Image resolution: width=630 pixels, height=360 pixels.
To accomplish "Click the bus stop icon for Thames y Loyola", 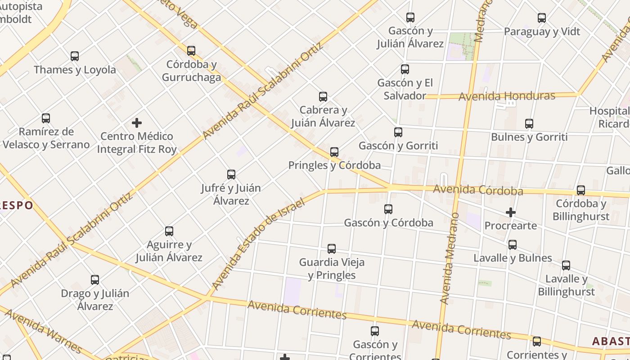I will point(75,56).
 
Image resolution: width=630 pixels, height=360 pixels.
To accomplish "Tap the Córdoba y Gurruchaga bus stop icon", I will point(191,50).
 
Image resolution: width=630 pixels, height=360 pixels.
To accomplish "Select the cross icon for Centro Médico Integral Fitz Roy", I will point(137,122).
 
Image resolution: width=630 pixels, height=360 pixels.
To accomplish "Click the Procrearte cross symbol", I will point(510,212).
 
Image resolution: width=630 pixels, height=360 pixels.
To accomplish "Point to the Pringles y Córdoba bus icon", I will point(334,152).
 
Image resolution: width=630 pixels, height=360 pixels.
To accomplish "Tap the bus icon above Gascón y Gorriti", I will point(398,132).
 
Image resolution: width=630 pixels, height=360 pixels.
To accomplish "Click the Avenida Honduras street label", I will point(507,96).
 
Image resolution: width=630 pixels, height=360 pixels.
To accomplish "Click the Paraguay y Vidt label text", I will point(542,31).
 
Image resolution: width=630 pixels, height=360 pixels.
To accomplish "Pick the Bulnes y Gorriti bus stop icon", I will point(529,124).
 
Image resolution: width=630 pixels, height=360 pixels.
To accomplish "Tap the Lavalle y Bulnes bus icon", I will point(513,245).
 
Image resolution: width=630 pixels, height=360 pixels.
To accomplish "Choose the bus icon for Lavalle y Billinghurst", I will point(566,265).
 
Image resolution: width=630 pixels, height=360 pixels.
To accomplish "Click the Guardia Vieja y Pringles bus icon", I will point(332,249).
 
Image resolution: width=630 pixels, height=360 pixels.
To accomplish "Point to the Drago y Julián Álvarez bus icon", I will point(95,280).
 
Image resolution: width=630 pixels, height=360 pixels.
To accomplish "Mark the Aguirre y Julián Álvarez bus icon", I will point(169,231).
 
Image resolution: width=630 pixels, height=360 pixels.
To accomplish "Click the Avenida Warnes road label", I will point(43,330).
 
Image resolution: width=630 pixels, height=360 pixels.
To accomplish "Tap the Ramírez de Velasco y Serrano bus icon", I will point(46,118).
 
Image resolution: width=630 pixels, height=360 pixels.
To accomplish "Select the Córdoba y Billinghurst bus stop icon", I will point(581,190).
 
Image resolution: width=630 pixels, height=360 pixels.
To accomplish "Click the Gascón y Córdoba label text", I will point(388,223).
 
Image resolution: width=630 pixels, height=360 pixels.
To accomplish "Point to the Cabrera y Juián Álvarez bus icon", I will point(323,97).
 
